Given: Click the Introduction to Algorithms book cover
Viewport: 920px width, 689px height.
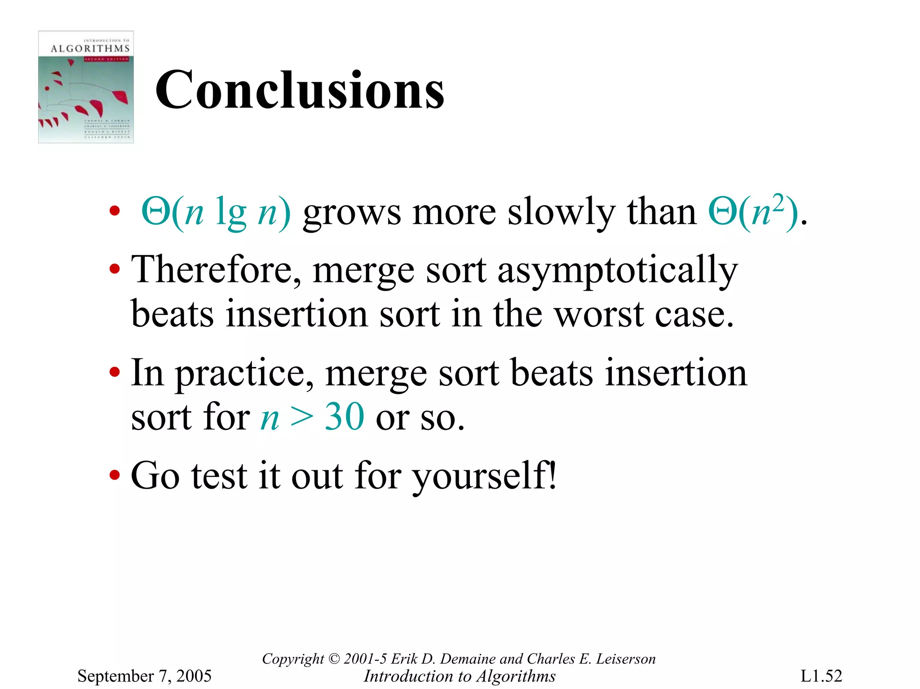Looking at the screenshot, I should point(86,87).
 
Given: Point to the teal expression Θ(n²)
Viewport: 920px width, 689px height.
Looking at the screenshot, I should point(753,211).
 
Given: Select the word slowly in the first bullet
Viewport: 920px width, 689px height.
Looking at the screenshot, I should point(561,212).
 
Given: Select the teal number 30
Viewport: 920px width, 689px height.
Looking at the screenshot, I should point(344,417).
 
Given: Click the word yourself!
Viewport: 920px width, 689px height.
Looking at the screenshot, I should point(485,476).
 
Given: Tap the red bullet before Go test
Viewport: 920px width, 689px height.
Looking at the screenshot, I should point(115,475).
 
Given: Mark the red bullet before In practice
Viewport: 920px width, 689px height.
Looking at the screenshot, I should point(115,372).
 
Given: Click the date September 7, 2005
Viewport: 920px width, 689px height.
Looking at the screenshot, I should point(144,676).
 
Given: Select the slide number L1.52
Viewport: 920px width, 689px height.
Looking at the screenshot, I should point(821,676).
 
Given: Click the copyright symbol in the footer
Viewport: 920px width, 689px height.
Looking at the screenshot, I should point(334,658).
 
